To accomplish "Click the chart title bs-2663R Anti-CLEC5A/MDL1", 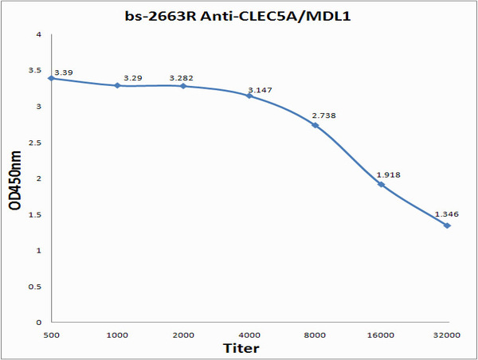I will coord(239,15).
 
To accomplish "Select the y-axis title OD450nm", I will coord(15,181).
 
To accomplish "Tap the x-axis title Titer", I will coord(241,348).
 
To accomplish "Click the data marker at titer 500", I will coord(51,78).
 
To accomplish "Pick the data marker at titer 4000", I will coord(249,96).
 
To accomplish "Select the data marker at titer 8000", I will coord(315,125).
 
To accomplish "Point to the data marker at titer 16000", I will coord(381,184).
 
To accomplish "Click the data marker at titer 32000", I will coord(447,225).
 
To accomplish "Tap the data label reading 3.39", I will coord(63,72).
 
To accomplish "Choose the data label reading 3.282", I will coord(181,78).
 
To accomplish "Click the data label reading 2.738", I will coord(325,115).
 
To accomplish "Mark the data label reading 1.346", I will coord(446,214).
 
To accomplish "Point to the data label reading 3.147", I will coord(260,90).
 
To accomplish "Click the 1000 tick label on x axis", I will coord(117,335).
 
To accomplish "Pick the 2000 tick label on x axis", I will coord(183,335).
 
